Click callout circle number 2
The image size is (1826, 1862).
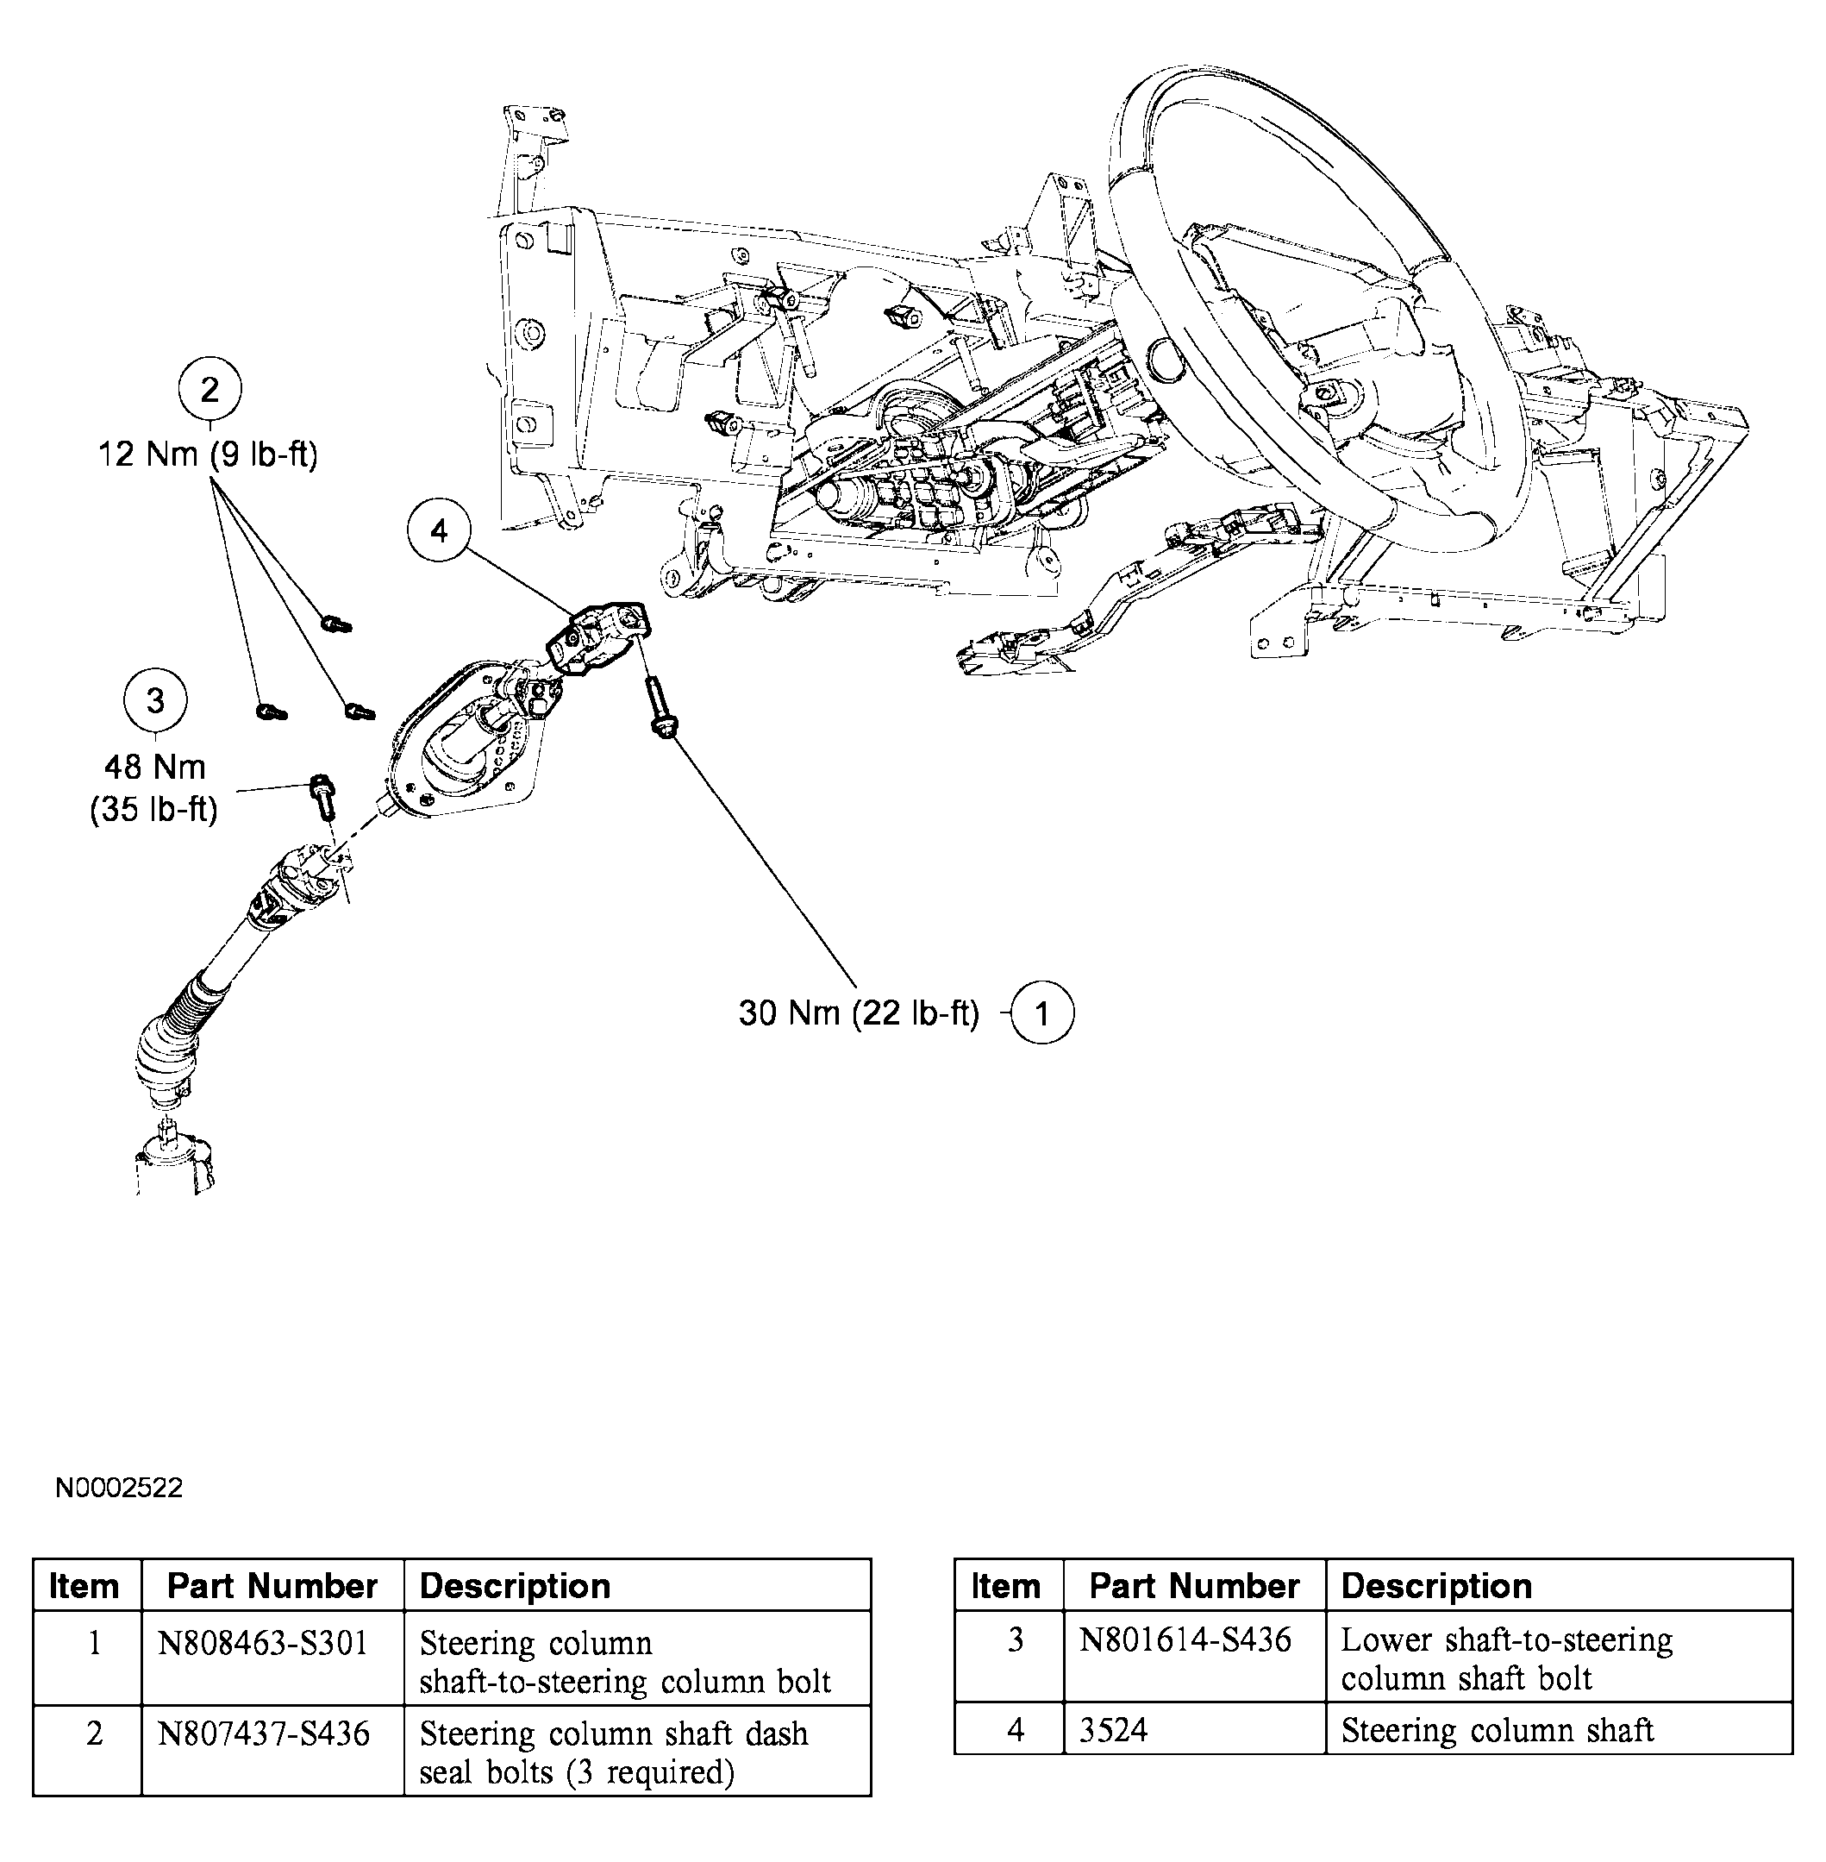(209, 390)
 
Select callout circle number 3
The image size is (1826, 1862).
(155, 701)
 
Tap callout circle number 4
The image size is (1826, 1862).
(439, 530)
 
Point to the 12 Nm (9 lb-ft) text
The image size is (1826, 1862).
(207, 454)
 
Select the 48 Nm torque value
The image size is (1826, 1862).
(154, 768)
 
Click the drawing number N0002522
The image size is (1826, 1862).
(119, 1488)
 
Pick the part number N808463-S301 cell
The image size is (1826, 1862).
(263, 1643)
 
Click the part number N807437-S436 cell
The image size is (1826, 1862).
(264, 1733)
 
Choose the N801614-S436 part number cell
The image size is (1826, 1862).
(1185, 1639)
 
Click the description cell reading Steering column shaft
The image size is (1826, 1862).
(1497, 1730)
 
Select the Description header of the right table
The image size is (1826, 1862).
(1435, 1586)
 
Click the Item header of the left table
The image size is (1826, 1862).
(84, 1586)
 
